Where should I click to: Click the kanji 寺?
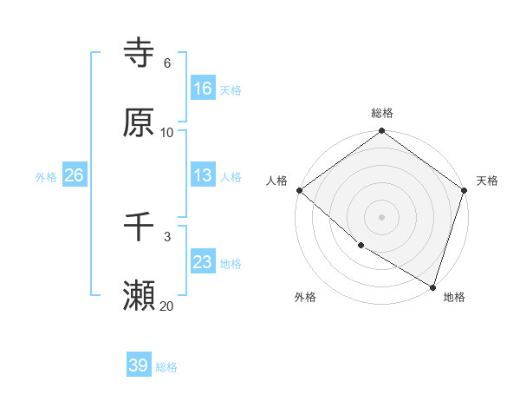pyautogui.click(x=140, y=54)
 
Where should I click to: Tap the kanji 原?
pyautogui.click(x=140, y=123)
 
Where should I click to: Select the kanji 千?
pyautogui.click(x=140, y=228)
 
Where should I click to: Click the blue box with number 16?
pyautogui.click(x=203, y=88)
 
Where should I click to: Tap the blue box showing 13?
pyautogui.click(x=203, y=175)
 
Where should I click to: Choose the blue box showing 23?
pyautogui.click(x=203, y=262)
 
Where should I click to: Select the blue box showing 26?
pyautogui.click(x=74, y=175)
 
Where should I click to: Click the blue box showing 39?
pyautogui.click(x=139, y=365)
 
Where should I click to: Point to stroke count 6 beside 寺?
pyautogui.click(x=166, y=63)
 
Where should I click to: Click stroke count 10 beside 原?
pyautogui.click(x=167, y=132)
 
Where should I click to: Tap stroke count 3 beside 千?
pyautogui.click(x=166, y=236)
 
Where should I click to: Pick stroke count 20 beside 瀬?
pyautogui.click(x=167, y=306)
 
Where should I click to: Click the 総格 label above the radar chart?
pyautogui.click(x=382, y=113)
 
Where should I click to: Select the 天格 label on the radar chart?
pyautogui.click(x=488, y=181)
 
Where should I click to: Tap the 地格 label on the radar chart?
pyautogui.click(x=454, y=297)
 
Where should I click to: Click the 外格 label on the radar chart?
pyautogui.click(x=305, y=297)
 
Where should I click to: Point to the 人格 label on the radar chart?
pyautogui.click(x=276, y=181)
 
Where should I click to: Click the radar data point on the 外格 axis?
pyautogui.click(x=361, y=246)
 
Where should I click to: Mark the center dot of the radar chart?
pyautogui.click(x=382, y=216)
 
